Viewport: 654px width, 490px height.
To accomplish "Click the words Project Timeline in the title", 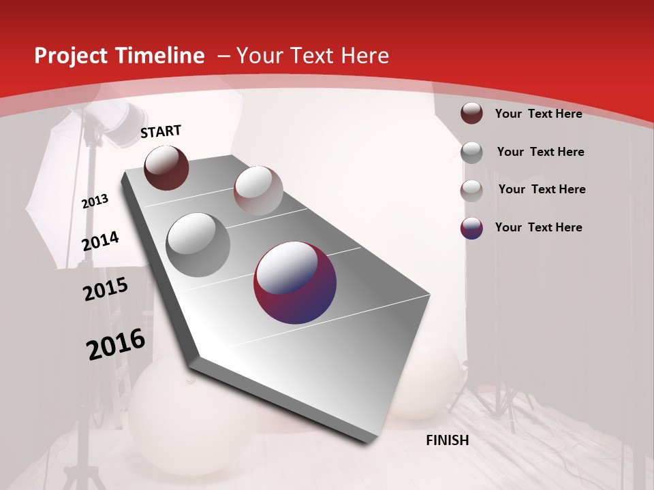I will (x=119, y=56).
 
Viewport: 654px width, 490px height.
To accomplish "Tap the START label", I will (x=161, y=132).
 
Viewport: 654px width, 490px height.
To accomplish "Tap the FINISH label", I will (x=448, y=440).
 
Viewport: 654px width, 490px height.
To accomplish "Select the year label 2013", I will (x=95, y=201).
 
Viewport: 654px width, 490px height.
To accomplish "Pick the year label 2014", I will (x=101, y=241).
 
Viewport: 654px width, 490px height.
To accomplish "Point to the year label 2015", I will (x=106, y=289).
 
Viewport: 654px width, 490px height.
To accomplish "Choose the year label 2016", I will (x=116, y=344).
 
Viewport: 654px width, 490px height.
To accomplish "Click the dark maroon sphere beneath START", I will (x=166, y=167).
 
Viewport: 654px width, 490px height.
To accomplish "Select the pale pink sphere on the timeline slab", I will (x=258, y=191).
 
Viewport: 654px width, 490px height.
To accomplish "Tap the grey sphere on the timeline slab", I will (x=198, y=245).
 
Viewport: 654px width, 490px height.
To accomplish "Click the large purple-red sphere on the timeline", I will (x=295, y=282).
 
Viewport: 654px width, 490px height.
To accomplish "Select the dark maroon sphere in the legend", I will (x=471, y=113).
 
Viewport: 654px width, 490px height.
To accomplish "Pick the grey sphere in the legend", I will (x=471, y=152).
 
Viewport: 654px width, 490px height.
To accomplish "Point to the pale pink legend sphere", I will (x=471, y=191).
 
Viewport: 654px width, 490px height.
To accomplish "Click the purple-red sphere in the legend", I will (x=471, y=228).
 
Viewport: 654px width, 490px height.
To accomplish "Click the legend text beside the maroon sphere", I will (x=538, y=114).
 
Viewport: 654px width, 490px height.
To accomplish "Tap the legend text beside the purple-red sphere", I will (x=538, y=227).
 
